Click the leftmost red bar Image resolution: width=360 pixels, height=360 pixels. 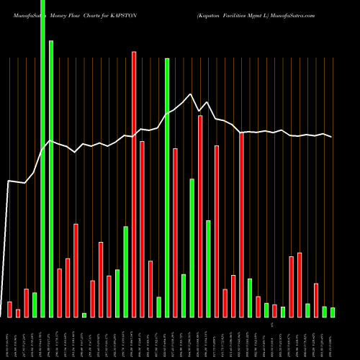pos(9,310)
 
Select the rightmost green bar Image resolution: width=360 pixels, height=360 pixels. pos(333,312)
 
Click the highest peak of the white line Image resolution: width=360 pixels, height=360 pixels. pos(191,94)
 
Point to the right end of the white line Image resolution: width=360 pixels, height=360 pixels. pos(332,137)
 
